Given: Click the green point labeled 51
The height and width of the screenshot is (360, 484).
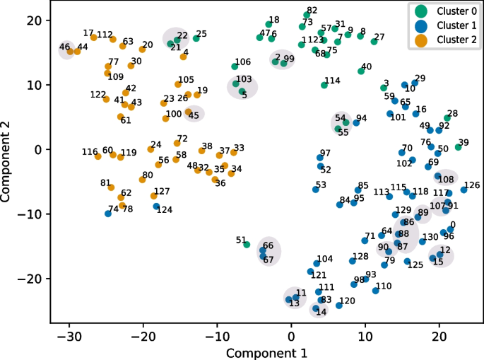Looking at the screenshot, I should click(x=247, y=245).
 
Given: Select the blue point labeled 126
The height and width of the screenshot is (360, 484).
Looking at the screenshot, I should click(x=464, y=190).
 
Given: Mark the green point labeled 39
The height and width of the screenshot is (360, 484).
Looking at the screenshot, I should click(x=458, y=147).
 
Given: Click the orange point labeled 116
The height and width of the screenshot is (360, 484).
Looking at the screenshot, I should click(x=98, y=156).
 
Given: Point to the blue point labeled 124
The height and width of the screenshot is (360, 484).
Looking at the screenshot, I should click(x=156, y=207).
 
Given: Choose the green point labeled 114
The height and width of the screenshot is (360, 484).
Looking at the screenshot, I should click(x=324, y=85).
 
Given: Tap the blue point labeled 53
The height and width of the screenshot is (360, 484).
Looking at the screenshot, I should click(x=316, y=189).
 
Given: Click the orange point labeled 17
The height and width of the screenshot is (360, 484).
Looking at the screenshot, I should click(x=93, y=37).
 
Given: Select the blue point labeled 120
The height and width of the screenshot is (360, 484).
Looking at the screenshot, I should click(x=339, y=305).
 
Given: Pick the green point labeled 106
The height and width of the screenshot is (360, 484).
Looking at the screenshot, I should click(x=235, y=66).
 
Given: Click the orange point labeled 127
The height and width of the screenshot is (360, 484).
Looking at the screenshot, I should click(x=154, y=196).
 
